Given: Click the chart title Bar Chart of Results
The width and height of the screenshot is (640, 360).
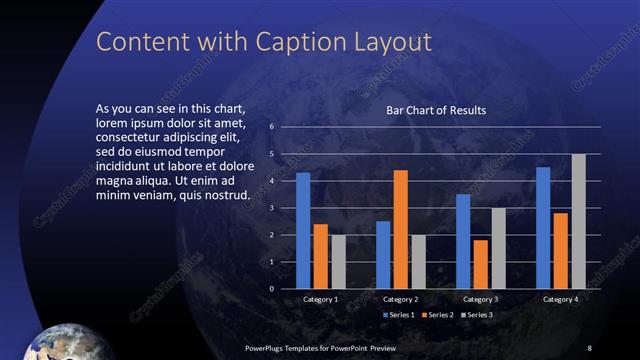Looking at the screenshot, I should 436,110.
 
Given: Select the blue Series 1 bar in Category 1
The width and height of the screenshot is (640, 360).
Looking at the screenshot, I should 303,231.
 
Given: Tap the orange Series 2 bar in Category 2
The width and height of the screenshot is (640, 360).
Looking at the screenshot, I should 401,229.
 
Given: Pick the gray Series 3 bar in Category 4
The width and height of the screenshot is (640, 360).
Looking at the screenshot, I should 578,221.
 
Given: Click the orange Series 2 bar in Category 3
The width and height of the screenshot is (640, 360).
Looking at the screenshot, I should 481,264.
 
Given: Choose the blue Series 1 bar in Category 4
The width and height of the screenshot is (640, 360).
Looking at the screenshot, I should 543,228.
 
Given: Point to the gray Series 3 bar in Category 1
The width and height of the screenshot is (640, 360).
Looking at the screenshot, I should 338,262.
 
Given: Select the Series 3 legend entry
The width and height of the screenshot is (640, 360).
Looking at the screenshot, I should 478,315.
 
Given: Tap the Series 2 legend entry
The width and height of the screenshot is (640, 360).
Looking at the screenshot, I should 440,315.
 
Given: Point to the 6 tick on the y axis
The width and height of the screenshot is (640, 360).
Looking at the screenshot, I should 271,127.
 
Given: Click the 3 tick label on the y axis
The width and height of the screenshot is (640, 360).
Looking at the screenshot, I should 271,208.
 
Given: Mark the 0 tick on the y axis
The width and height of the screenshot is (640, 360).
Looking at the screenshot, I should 271,289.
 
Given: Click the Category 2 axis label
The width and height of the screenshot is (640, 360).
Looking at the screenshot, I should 400,299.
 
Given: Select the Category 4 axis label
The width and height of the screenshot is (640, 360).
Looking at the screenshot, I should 560,299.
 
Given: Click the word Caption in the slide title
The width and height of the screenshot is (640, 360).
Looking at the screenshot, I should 285,42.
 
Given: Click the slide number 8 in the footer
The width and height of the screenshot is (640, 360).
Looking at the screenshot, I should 589,347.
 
